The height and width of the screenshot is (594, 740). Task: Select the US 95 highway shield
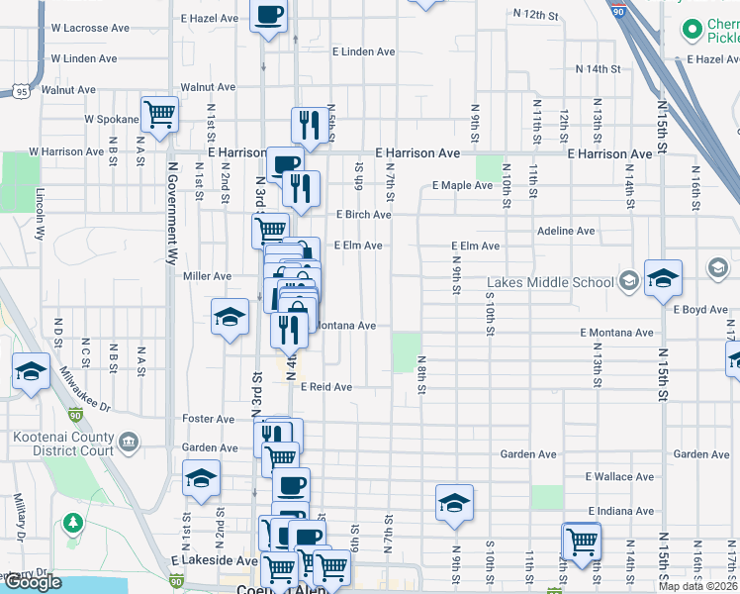21,92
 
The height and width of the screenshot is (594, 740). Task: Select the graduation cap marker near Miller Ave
230,317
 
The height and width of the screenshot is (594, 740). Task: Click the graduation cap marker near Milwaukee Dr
31,372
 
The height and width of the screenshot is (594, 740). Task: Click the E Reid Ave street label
326,387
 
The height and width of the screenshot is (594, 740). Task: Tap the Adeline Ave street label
565,231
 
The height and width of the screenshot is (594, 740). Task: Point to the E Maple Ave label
462,185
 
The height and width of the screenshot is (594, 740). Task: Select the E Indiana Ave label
619,511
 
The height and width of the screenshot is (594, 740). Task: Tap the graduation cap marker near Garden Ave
201,479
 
